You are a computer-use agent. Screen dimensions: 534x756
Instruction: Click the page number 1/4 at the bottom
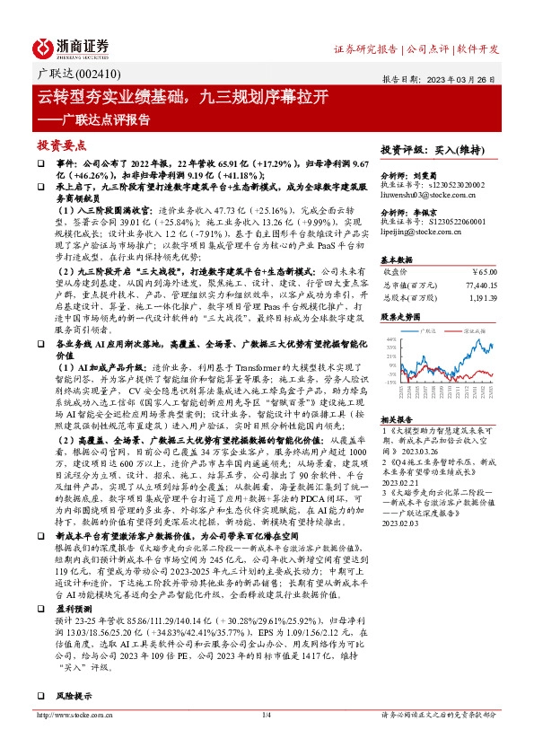(x=266, y=741)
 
